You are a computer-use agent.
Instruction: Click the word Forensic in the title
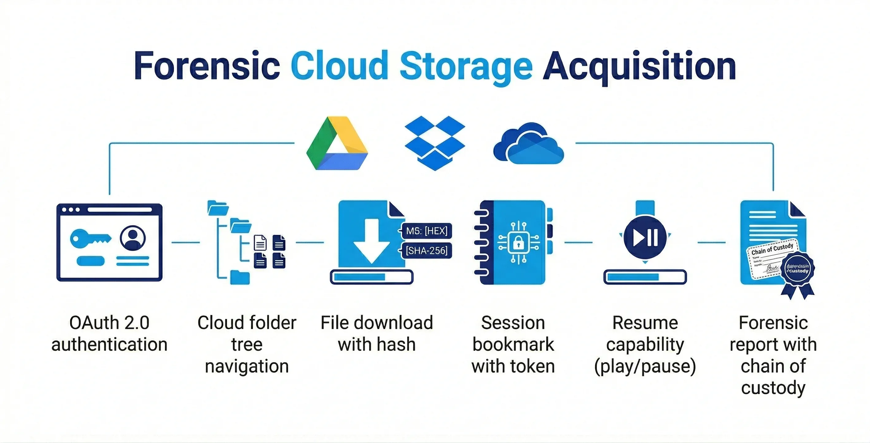click(207, 67)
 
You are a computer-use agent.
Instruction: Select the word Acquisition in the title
click(639, 67)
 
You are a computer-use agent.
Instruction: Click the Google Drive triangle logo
click(337, 143)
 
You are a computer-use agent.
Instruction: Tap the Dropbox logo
click(435, 143)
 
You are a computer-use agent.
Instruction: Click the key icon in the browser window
click(90, 238)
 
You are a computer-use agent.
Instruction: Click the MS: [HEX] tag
click(426, 231)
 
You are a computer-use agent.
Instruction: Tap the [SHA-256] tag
click(426, 251)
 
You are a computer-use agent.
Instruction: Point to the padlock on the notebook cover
click(518, 242)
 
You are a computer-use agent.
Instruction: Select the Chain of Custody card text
click(772, 249)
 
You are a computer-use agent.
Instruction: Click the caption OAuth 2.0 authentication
click(109, 333)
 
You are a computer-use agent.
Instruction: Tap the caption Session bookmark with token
click(513, 344)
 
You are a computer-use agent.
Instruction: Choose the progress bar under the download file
click(371, 277)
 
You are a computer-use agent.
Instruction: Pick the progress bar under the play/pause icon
click(645, 277)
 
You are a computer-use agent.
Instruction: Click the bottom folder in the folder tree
click(240, 277)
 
